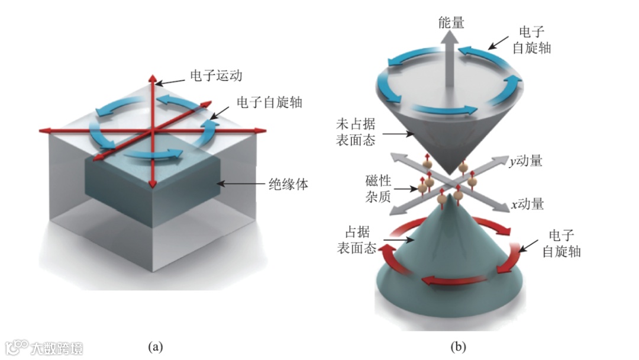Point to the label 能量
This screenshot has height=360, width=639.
point(451,23)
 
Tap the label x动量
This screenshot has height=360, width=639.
point(527,204)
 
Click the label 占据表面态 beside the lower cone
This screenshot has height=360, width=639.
point(359,242)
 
